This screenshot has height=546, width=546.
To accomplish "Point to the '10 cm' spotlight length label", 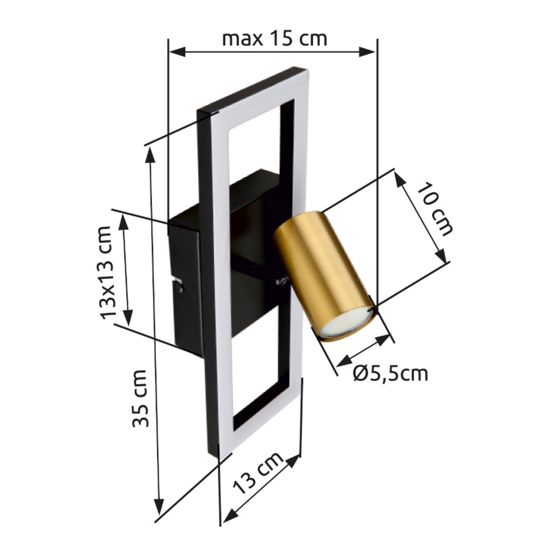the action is [x=434, y=209].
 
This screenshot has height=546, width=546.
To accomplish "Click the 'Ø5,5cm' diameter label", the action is [x=391, y=374].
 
